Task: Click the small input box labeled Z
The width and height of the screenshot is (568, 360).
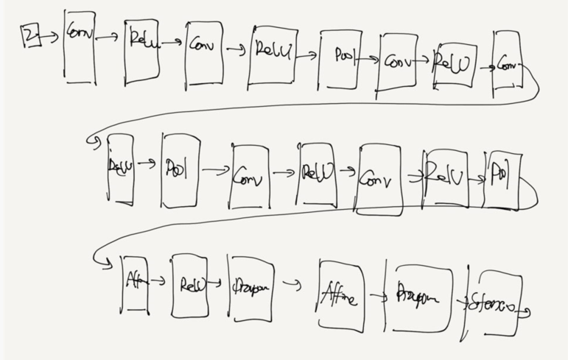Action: (31, 35)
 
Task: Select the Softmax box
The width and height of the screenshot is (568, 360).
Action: (494, 303)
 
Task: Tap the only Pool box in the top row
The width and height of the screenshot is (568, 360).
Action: (340, 58)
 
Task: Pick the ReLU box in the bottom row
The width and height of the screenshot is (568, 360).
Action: (189, 286)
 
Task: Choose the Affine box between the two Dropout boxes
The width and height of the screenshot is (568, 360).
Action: (341, 295)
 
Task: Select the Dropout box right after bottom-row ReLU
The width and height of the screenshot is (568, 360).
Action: (250, 288)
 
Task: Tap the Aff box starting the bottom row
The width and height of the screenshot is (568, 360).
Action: (135, 284)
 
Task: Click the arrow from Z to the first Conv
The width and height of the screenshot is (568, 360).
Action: (52, 36)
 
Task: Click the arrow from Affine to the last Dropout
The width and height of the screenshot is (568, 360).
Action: (378, 297)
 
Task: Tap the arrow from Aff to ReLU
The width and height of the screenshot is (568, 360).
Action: (158, 280)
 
